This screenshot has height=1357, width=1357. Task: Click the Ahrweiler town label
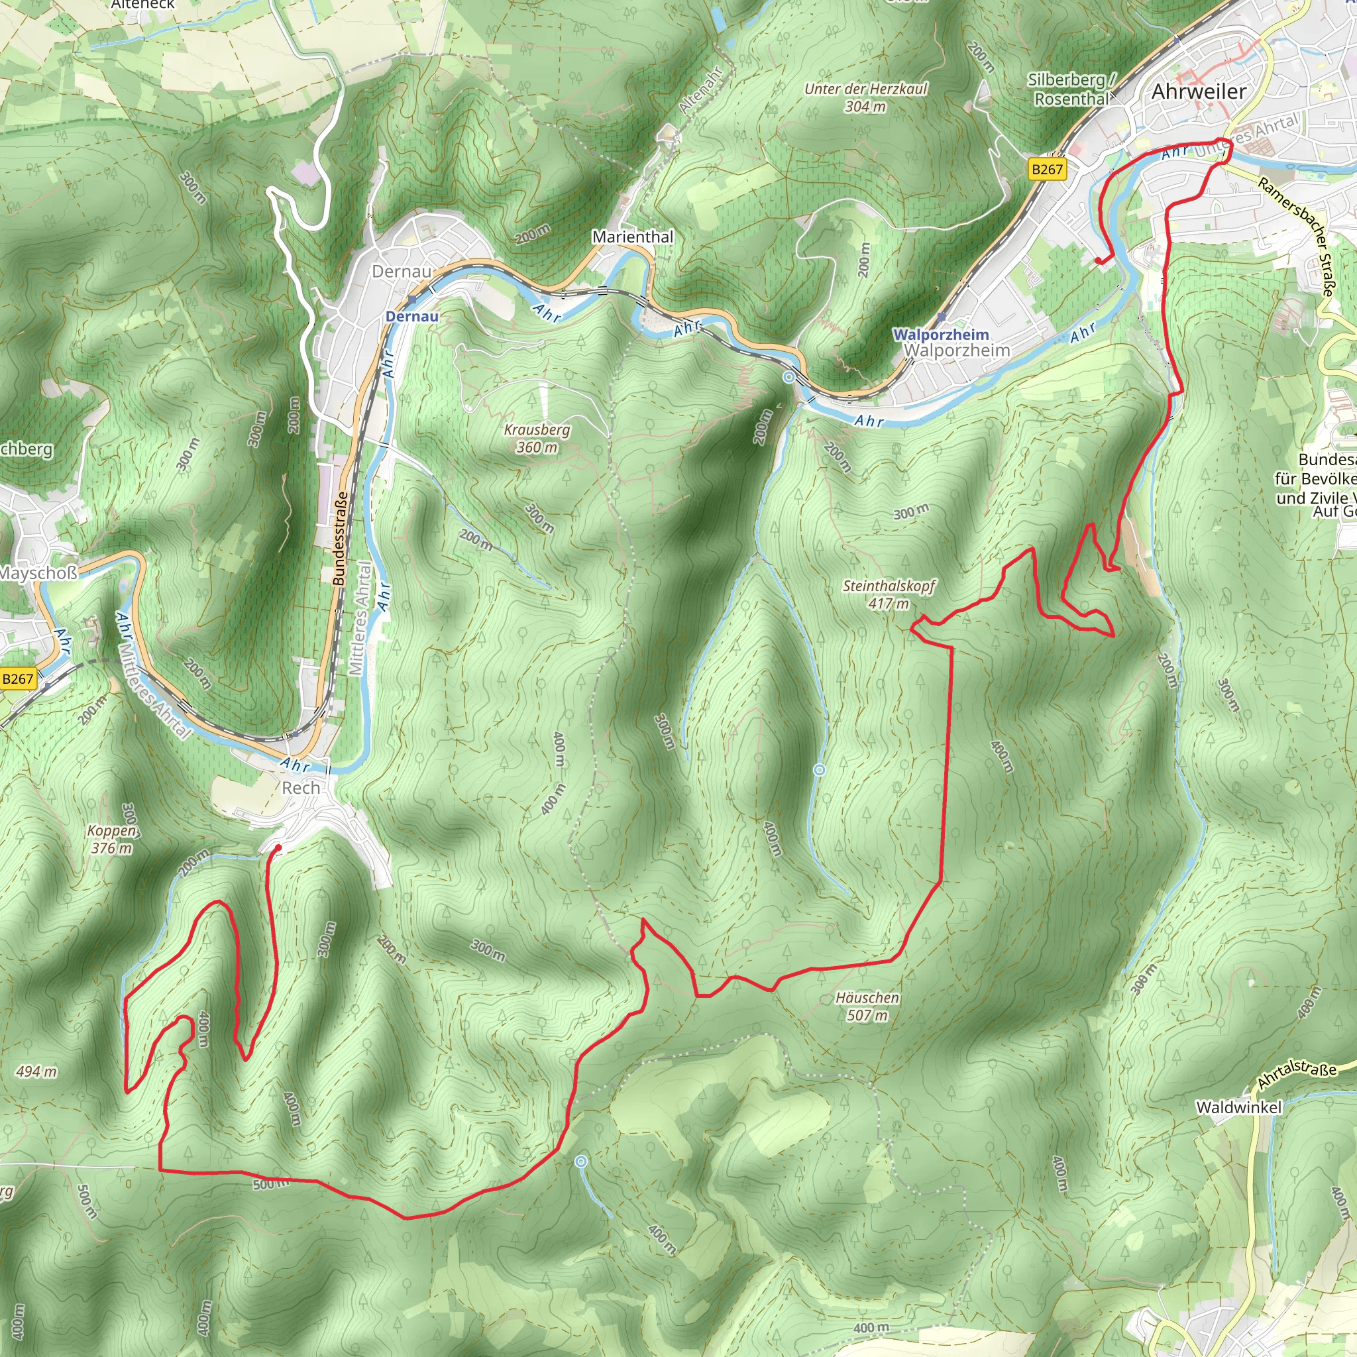tap(1198, 91)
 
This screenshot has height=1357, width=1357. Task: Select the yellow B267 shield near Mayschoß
tap(18, 678)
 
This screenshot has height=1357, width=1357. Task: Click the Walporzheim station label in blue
tap(940, 335)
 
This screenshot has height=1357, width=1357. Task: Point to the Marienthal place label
tap(632, 237)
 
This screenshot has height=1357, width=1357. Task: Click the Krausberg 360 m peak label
tap(537, 438)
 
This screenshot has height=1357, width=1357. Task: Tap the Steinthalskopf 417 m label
tap(889, 594)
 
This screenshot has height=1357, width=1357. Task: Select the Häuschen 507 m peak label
tap(867, 1006)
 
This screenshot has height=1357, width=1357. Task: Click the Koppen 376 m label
tap(113, 839)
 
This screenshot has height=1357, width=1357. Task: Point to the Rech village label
tap(301, 788)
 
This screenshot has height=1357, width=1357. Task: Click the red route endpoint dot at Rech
tap(278, 847)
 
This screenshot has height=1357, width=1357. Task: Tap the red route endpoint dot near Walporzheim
tap(1098, 260)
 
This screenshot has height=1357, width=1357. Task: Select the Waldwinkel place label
tap(1238, 1108)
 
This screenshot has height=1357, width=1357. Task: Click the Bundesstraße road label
tap(340, 539)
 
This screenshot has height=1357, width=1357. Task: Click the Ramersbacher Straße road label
tap(1296, 236)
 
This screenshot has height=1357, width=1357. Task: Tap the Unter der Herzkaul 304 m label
tap(865, 97)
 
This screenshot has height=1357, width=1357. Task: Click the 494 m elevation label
tap(36, 1071)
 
